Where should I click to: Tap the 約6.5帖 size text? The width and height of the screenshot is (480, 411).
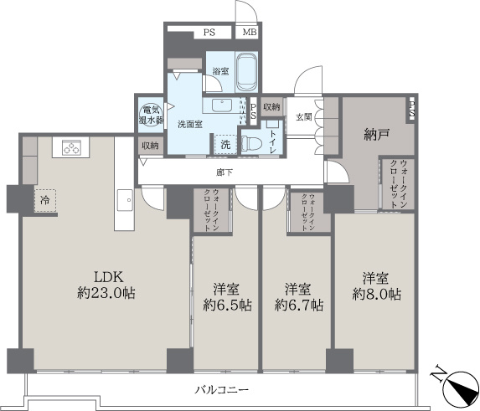tap(226, 306)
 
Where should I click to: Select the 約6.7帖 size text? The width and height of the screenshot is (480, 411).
tap(297, 306)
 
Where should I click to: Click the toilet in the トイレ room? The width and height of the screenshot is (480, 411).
tap(252, 142)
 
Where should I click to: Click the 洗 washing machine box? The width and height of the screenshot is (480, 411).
tap(225, 144)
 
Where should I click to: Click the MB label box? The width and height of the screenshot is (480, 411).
tap(250, 33)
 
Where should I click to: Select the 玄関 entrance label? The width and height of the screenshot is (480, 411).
tap(302, 116)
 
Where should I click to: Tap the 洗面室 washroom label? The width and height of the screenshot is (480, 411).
tap(189, 124)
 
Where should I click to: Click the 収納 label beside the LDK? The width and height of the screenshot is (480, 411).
tap(150, 146)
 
